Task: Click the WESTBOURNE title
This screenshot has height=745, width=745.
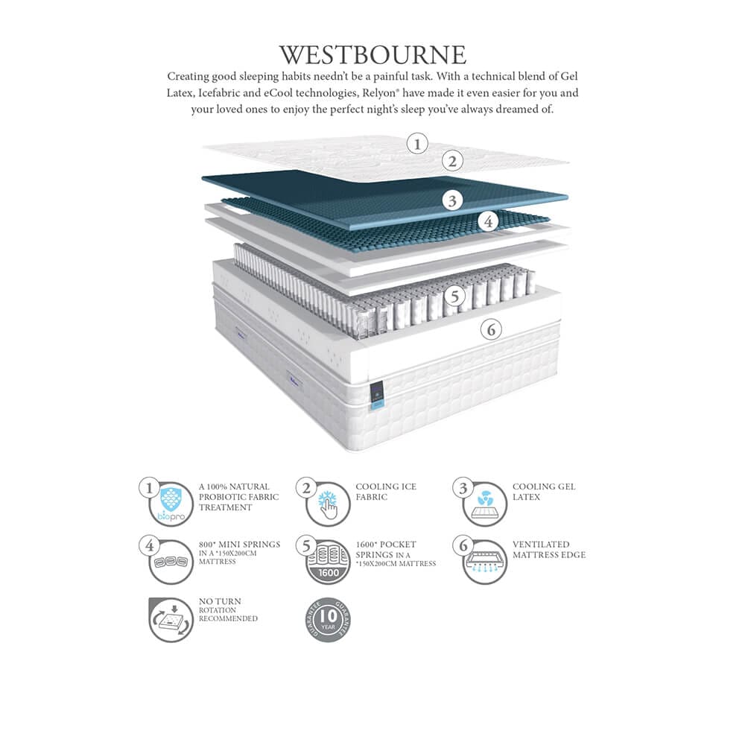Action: point(372,55)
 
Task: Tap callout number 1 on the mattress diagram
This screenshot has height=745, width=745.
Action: point(418,143)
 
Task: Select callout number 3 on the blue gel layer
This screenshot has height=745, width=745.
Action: point(451,200)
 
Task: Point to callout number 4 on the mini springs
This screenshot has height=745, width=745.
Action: point(488,221)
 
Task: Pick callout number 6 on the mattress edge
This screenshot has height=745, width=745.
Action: point(490,329)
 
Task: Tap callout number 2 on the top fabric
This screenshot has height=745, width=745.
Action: point(452,160)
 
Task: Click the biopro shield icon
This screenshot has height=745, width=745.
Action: point(171,504)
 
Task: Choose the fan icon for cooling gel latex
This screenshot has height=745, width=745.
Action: point(485,504)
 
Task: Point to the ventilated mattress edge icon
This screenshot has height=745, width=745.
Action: point(485,561)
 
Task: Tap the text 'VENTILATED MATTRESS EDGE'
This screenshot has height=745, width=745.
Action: point(549,549)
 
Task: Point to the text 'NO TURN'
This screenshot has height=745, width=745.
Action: point(220,601)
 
